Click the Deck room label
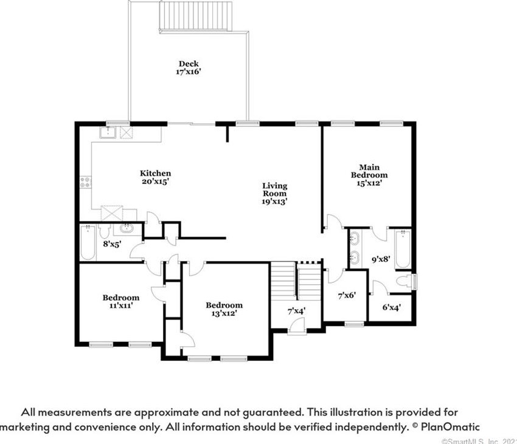click(x=189, y=64)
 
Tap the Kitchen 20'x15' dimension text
click(x=156, y=181)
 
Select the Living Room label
click(x=275, y=190)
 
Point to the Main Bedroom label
click(x=369, y=171)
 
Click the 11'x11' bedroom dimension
click(x=120, y=306)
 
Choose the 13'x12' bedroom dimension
click(x=224, y=313)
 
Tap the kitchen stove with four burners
click(x=86, y=182)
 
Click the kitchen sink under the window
click(x=108, y=132)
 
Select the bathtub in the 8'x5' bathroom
click(x=88, y=242)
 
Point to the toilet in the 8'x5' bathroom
click(x=105, y=231)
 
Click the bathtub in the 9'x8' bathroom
click(x=403, y=250)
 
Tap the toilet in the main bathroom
click(x=405, y=281)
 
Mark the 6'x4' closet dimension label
click(x=391, y=307)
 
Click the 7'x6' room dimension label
click(x=347, y=295)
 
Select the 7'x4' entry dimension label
click(x=296, y=310)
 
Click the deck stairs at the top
click(x=196, y=16)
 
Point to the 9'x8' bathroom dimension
click(x=381, y=259)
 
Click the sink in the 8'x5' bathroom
click(x=127, y=228)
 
